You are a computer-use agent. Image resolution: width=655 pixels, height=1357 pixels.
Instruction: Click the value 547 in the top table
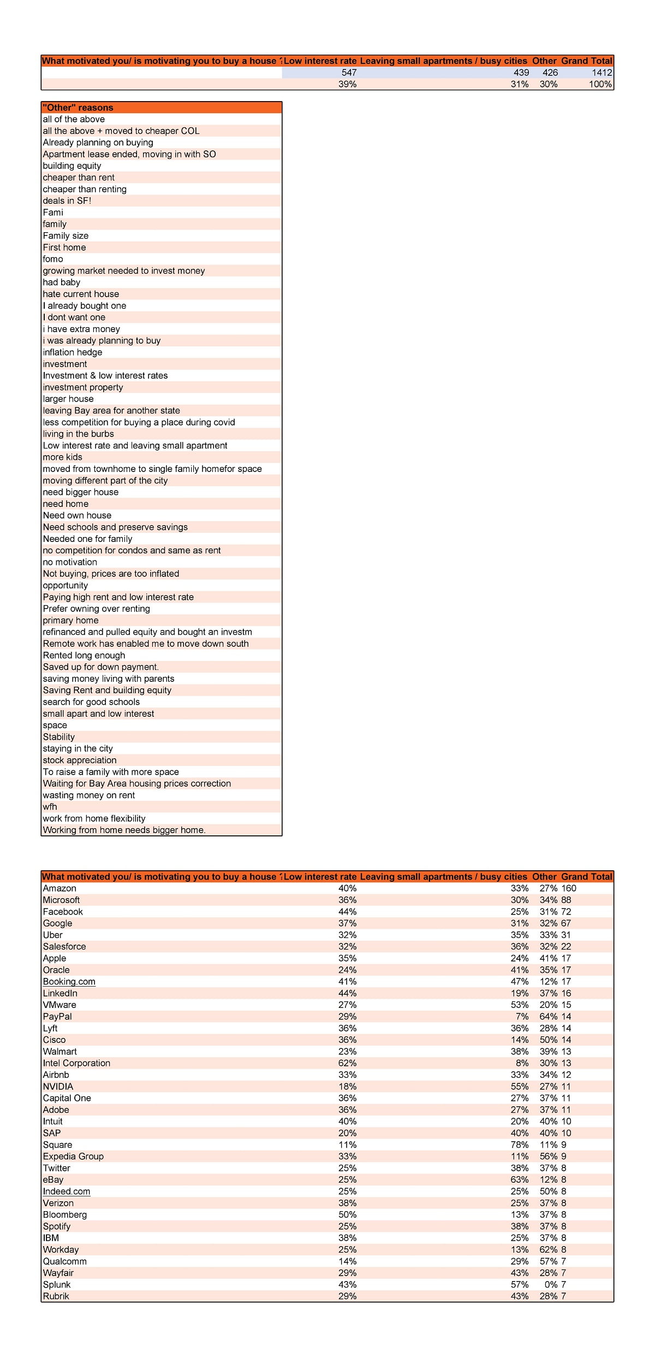pyautogui.click(x=349, y=73)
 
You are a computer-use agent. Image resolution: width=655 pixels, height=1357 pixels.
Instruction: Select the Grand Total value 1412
pyautogui.click(x=602, y=73)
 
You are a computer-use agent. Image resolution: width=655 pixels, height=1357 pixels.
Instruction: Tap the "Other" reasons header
pyautogui.click(x=78, y=108)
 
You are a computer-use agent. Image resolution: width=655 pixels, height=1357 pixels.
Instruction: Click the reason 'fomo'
pyautogui.click(x=53, y=259)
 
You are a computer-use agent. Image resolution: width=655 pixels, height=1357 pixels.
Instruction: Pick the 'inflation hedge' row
pyautogui.click(x=73, y=352)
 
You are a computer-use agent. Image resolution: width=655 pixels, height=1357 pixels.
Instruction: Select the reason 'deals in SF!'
pyautogui.click(x=67, y=200)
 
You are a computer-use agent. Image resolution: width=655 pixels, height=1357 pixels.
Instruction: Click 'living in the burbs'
pyautogui.click(x=79, y=434)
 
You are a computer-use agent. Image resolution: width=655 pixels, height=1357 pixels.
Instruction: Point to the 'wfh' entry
pyautogui.click(x=50, y=807)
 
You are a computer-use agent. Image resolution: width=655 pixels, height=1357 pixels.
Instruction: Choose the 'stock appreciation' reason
pyautogui.click(x=80, y=760)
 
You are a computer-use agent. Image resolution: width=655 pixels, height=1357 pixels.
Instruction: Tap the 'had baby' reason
pyautogui.click(x=62, y=282)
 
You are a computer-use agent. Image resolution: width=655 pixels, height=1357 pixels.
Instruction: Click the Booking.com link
pyautogui.click(x=69, y=982)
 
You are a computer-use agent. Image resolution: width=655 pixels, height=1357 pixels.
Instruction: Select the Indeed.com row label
pyautogui.click(x=67, y=1191)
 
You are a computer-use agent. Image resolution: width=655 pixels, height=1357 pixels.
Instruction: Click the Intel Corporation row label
pyautogui.click(x=76, y=1063)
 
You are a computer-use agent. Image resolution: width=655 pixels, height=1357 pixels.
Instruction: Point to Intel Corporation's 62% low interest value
pyautogui.click(x=347, y=1063)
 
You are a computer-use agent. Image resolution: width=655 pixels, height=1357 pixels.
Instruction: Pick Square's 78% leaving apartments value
pyautogui.click(x=519, y=1144)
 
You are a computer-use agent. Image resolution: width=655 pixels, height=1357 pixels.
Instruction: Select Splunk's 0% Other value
pyautogui.click(x=550, y=1284)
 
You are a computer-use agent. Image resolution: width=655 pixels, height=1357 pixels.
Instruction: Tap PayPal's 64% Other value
pyautogui.click(x=548, y=1017)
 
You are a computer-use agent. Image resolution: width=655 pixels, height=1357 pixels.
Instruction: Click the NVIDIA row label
pyautogui.click(x=58, y=1087)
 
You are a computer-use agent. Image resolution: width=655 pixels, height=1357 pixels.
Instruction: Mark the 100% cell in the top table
pyautogui.click(x=600, y=84)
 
